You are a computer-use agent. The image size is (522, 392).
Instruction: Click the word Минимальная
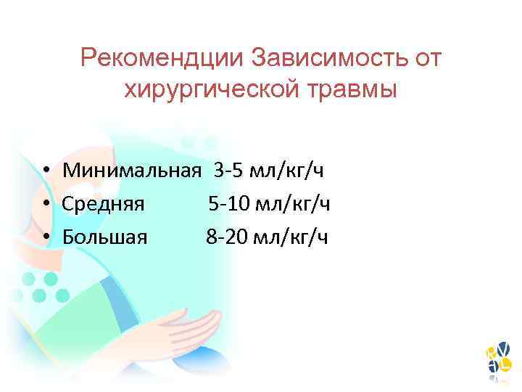[x=131, y=171]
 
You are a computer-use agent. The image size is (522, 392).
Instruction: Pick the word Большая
[x=105, y=237]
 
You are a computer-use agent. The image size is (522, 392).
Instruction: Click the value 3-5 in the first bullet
[x=228, y=171]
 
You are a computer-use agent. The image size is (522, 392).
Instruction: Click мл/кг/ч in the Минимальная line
[x=286, y=171]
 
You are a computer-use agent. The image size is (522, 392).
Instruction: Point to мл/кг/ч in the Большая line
[x=290, y=237]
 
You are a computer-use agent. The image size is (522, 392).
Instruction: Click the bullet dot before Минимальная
[x=46, y=172]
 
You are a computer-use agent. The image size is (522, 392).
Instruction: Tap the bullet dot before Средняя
[x=46, y=205]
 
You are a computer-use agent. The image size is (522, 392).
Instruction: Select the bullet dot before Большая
[x=46, y=237]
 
